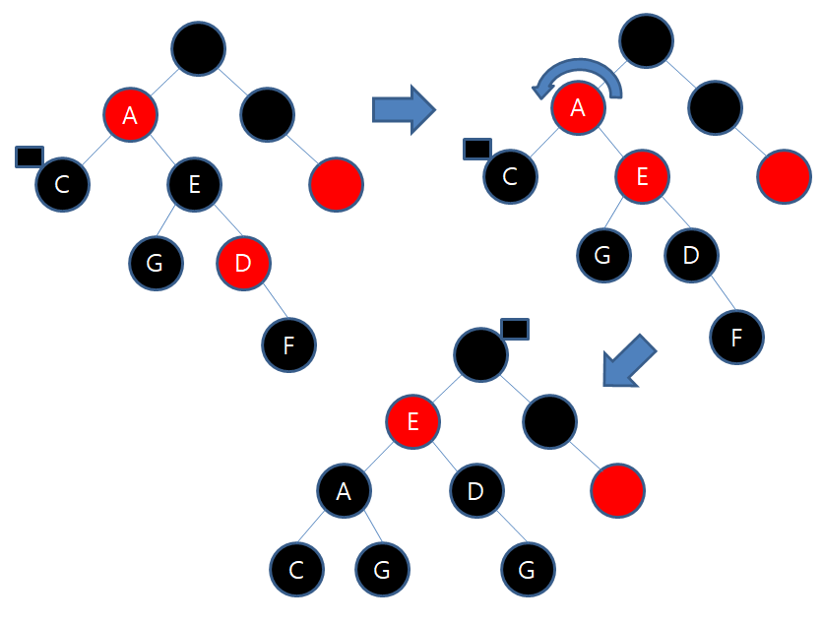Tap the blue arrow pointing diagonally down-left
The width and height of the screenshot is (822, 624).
click(628, 361)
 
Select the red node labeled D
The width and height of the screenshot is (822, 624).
click(243, 263)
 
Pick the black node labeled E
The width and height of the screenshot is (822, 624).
click(194, 182)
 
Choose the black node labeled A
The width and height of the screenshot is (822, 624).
click(344, 490)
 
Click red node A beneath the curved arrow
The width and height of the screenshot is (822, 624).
click(578, 109)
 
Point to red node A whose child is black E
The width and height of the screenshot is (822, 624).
click(130, 115)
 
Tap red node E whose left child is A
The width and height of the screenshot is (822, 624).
click(413, 422)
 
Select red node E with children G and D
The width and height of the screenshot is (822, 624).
click(642, 176)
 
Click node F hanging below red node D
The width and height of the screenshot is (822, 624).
click(289, 344)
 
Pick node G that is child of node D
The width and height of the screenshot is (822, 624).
click(527, 569)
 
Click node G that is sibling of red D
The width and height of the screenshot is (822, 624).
click(156, 263)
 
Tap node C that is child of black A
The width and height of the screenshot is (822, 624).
click(297, 569)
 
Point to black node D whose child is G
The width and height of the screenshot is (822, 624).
click(476, 490)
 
